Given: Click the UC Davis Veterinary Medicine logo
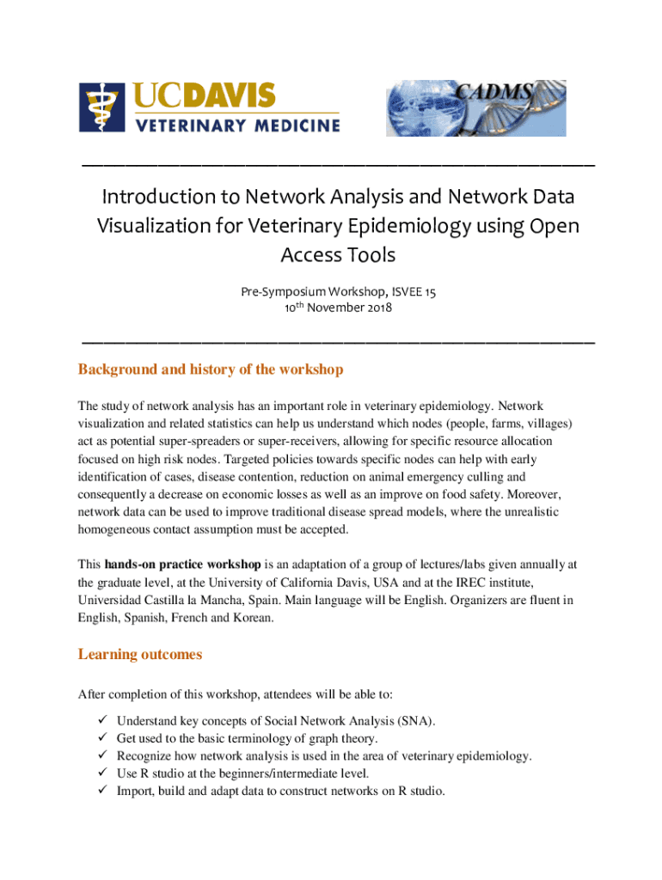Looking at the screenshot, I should click(209, 107).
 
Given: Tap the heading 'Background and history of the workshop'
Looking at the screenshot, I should click(211, 370).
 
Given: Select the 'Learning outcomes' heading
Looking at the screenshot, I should click(140, 655).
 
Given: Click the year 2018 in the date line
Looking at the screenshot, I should click(376, 308).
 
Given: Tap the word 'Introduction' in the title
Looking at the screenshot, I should click(169, 197).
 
